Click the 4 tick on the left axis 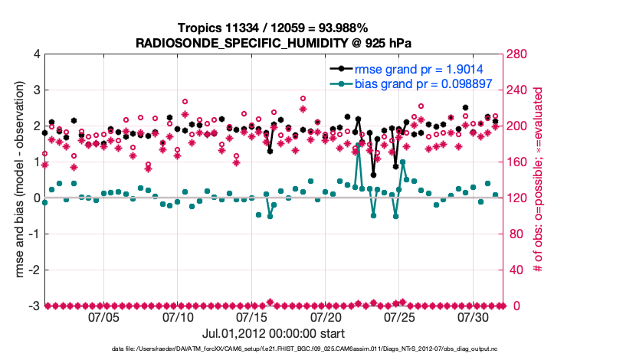(x=35, y=54)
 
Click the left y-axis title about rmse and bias (x=16, y=180)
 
